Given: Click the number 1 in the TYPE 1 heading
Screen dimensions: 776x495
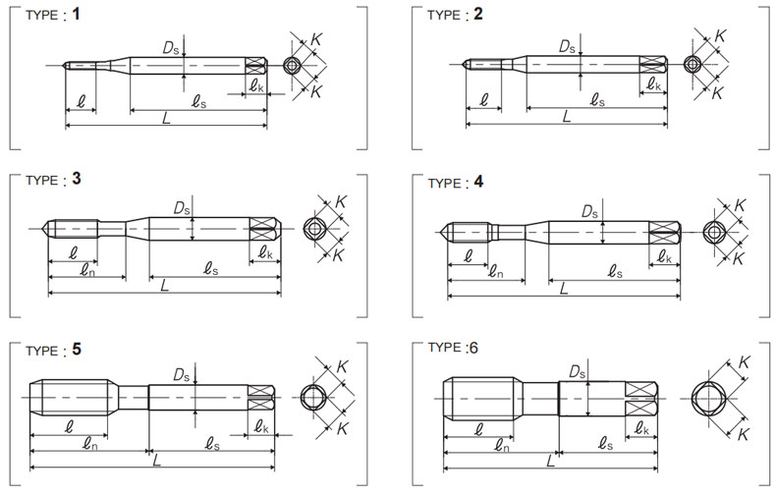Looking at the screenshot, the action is tap(76, 14).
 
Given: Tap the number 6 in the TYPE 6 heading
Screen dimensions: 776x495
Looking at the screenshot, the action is tap(473, 348).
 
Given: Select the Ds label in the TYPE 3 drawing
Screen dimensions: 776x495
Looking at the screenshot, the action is tap(182, 208).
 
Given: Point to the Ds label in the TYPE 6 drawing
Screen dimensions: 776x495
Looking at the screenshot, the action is tap(577, 371).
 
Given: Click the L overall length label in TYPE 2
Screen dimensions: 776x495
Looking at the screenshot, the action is tap(567, 116).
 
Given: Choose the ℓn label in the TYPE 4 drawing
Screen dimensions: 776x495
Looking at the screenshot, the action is tap(495, 272).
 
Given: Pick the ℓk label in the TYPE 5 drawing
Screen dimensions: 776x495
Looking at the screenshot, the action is tap(261, 426).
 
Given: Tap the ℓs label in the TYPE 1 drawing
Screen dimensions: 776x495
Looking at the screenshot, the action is tap(199, 101).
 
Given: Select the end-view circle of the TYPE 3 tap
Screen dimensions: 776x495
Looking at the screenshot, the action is tap(314, 229).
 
